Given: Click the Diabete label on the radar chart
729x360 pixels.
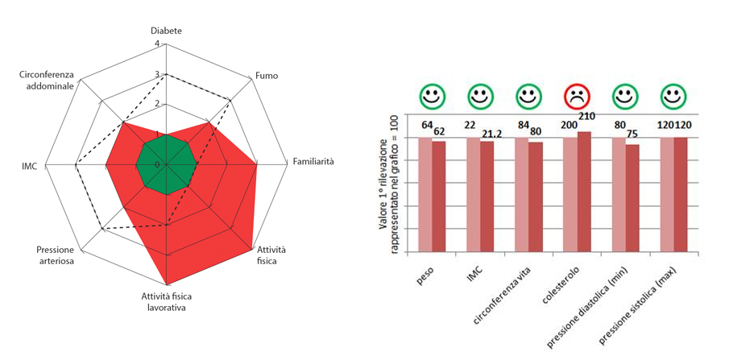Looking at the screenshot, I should (x=167, y=31).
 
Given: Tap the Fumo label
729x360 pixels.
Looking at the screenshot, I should (x=267, y=76).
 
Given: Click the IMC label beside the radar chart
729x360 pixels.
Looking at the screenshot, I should (x=29, y=167).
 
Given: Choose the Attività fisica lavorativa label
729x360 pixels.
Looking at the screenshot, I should (x=169, y=301).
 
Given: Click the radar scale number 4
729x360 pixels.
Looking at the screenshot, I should (x=157, y=43).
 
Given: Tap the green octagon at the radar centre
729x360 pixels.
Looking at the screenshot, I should (x=166, y=164).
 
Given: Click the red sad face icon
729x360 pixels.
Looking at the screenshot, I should (x=576, y=97).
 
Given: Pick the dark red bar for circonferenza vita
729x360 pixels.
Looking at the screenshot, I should (x=536, y=197).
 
